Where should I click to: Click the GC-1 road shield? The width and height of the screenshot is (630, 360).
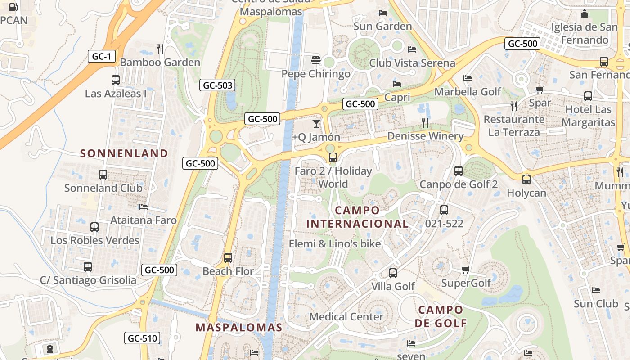coord(102,56)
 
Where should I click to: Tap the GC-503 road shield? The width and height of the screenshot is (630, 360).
coord(218,85)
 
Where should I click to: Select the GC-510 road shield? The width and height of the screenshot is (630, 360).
coord(142,338)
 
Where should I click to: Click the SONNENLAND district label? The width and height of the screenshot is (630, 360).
coord(124,153)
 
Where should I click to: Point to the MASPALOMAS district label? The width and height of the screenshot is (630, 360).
coord(239,327)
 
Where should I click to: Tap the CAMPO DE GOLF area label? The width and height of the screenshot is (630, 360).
coord(441,316)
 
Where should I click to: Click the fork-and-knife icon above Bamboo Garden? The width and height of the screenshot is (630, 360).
coord(160,49)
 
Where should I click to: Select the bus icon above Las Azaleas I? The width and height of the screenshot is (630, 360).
coord(116,80)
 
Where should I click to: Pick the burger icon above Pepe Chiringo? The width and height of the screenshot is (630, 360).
coord(316,60)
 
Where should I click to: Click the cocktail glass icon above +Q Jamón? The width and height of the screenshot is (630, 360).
coord(316,123)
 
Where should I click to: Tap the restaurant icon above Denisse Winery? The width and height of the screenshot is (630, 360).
coord(425,122)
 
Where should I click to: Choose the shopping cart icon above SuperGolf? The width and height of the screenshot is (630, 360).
coord(466,270)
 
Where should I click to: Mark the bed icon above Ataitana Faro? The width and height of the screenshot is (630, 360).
coord(144,207)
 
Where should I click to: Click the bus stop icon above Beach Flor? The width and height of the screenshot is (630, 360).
coord(228,258)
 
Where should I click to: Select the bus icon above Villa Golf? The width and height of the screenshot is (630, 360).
coord(393,273)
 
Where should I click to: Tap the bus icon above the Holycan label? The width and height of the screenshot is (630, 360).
coord(526,180)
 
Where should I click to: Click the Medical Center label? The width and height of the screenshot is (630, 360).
coord(346,316)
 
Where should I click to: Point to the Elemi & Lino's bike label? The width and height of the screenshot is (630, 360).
coord(335,244)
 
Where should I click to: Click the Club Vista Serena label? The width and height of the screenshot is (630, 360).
coord(412,63)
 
